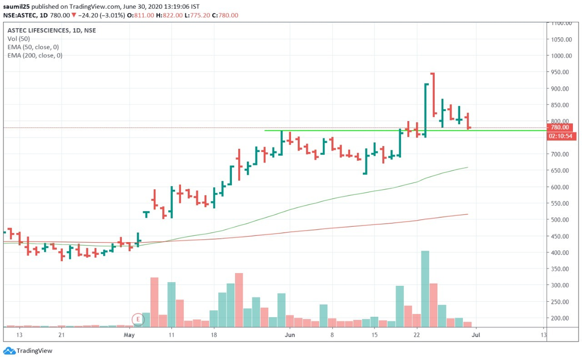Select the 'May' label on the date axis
click(x=129, y=335)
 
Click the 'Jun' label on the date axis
click(x=290, y=335)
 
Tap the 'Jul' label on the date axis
click(x=476, y=335)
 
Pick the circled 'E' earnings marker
click(x=138, y=319)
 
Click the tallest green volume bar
click(x=425, y=289)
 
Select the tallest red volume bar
click(x=239, y=300)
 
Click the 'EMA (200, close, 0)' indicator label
click(x=35, y=55)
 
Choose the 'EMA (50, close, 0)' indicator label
click(x=33, y=47)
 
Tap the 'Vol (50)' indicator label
click(x=19, y=39)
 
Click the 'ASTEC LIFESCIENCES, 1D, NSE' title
click(x=51, y=30)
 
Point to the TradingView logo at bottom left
click(x=28, y=351)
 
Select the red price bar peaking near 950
click(x=433, y=95)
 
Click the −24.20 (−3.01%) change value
click(x=100, y=15)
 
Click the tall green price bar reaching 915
click(x=425, y=110)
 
